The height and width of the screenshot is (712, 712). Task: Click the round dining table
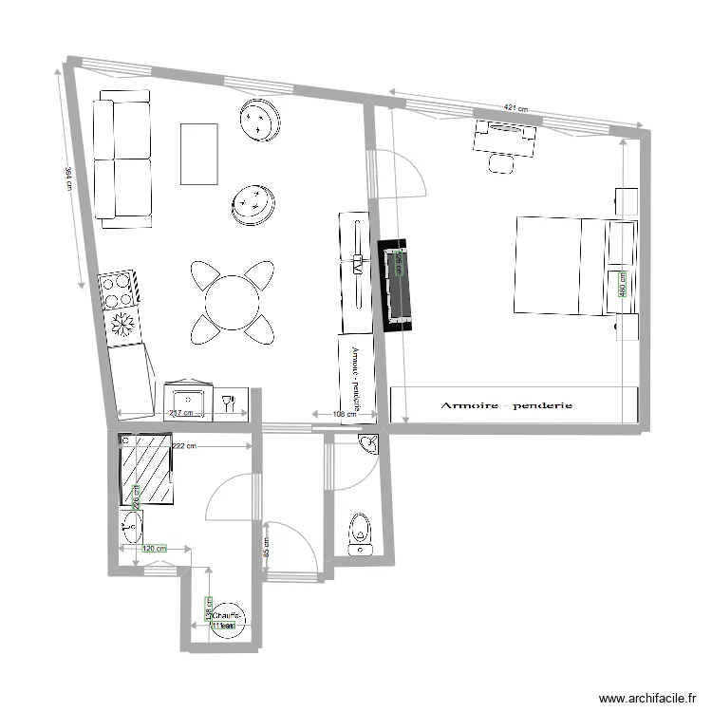click(x=233, y=302)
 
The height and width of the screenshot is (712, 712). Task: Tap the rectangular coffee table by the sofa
click(x=199, y=155)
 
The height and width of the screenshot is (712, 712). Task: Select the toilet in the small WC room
click(x=360, y=532)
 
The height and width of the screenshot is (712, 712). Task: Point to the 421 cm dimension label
click(x=515, y=108)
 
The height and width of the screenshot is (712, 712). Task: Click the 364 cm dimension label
click(x=68, y=179)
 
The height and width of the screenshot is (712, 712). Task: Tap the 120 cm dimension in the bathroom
click(x=154, y=549)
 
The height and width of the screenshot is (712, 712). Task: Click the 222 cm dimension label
click(x=185, y=446)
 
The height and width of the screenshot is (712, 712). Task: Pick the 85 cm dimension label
click(x=266, y=549)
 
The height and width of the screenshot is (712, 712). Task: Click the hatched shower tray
click(x=146, y=471)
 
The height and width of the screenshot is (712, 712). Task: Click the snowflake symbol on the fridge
click(x=122, y=326)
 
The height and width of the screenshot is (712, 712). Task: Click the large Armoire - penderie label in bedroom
click(x=506, y=405)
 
